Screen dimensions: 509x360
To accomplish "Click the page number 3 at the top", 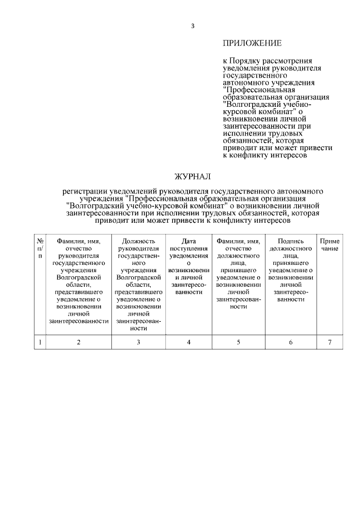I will tap(193, 26).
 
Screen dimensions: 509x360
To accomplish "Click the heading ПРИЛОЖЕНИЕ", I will tap(252, 43).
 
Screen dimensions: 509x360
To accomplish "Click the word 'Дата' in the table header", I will tap(188, 241).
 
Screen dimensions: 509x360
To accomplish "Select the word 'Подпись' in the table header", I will tap(290, 241).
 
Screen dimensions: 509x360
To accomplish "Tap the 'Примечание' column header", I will tap(330, 245).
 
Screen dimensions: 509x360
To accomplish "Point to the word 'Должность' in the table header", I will tap(138, 241).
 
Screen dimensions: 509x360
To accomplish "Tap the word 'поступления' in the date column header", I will tap(188, 248).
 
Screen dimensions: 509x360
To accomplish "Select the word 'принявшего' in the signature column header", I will tap(290, 263).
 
